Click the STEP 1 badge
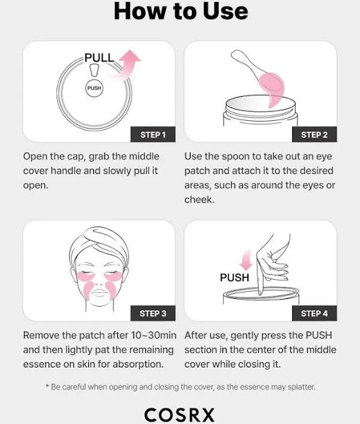[153, 134]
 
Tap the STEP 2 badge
[314, 134]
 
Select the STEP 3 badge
[153, 313]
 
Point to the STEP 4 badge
[314, 313]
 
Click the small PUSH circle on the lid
[95, 88]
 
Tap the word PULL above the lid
[99, 58]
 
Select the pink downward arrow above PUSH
[246, 260]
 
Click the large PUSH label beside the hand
[234, 278]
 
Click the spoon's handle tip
[234, 54]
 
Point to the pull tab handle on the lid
[95, 70]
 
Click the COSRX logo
[179, 415]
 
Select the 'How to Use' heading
[181, 11]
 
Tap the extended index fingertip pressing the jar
[260, 293]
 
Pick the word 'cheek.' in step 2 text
[199, 199]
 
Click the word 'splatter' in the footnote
[301, 387]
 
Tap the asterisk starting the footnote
[47, 386]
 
